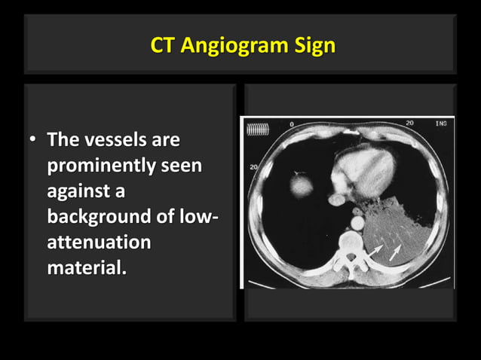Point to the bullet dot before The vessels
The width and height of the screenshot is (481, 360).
33,141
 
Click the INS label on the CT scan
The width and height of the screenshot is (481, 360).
440,123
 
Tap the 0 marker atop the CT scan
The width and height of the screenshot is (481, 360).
291,124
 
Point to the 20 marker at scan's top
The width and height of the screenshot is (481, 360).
409,123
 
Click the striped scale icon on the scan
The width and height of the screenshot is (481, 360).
257,130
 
